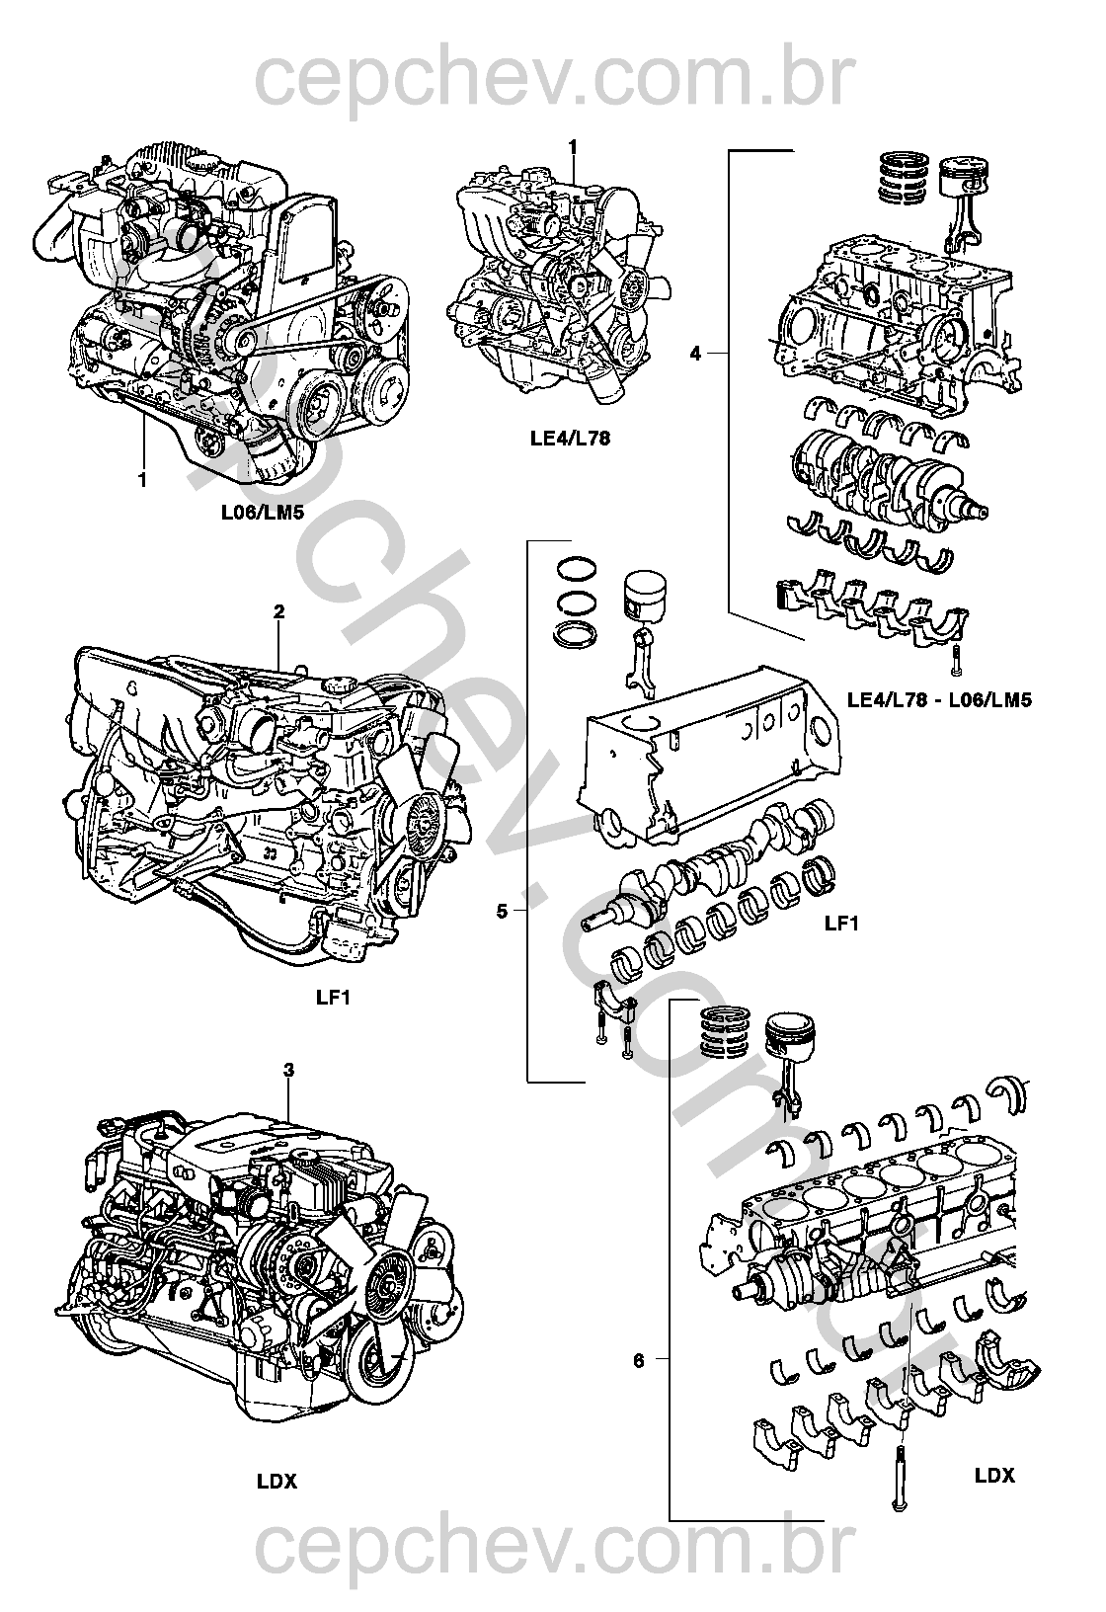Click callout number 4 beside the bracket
click(x=695, y=353)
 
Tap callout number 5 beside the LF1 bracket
click(x=502, y=911)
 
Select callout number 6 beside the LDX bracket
click(x=638, y=1360)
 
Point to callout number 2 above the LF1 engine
click(x=278, y=612)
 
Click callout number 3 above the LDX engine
click(x=288, y=1070)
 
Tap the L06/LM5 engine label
click(x=261, y=514)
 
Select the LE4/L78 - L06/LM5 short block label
click(x=939, y=700)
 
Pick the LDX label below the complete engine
click(x=276, y=1481)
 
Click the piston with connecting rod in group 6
click(x=790, y=1057)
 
